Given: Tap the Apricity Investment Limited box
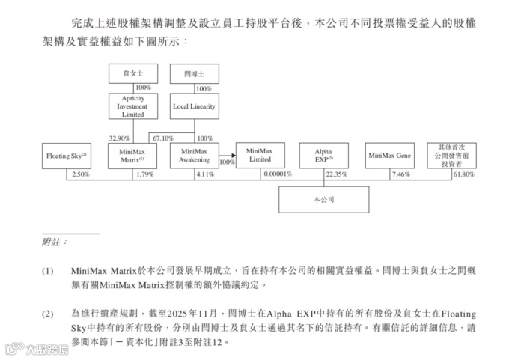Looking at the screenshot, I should (132, 106).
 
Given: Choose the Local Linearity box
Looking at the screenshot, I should (194, 106).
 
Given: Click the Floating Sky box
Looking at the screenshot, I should (65, 156).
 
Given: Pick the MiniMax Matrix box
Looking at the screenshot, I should (132, 156).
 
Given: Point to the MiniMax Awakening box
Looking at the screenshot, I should (194, 156).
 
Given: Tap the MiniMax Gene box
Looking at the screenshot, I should (390, 156).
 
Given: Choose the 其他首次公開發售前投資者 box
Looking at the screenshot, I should (451, 156).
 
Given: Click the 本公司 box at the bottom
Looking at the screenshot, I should (323, 201).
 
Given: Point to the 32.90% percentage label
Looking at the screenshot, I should (120, 138).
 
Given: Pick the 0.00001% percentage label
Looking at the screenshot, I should (278, 174).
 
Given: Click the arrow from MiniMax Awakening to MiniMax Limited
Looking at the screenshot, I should (228, 156).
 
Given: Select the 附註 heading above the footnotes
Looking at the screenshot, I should (55, 242).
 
